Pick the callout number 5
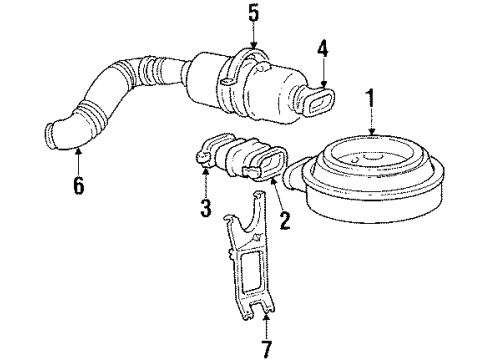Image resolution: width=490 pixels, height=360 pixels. (x=253, y=15)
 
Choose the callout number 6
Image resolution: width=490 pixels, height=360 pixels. (x=77, y=187)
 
